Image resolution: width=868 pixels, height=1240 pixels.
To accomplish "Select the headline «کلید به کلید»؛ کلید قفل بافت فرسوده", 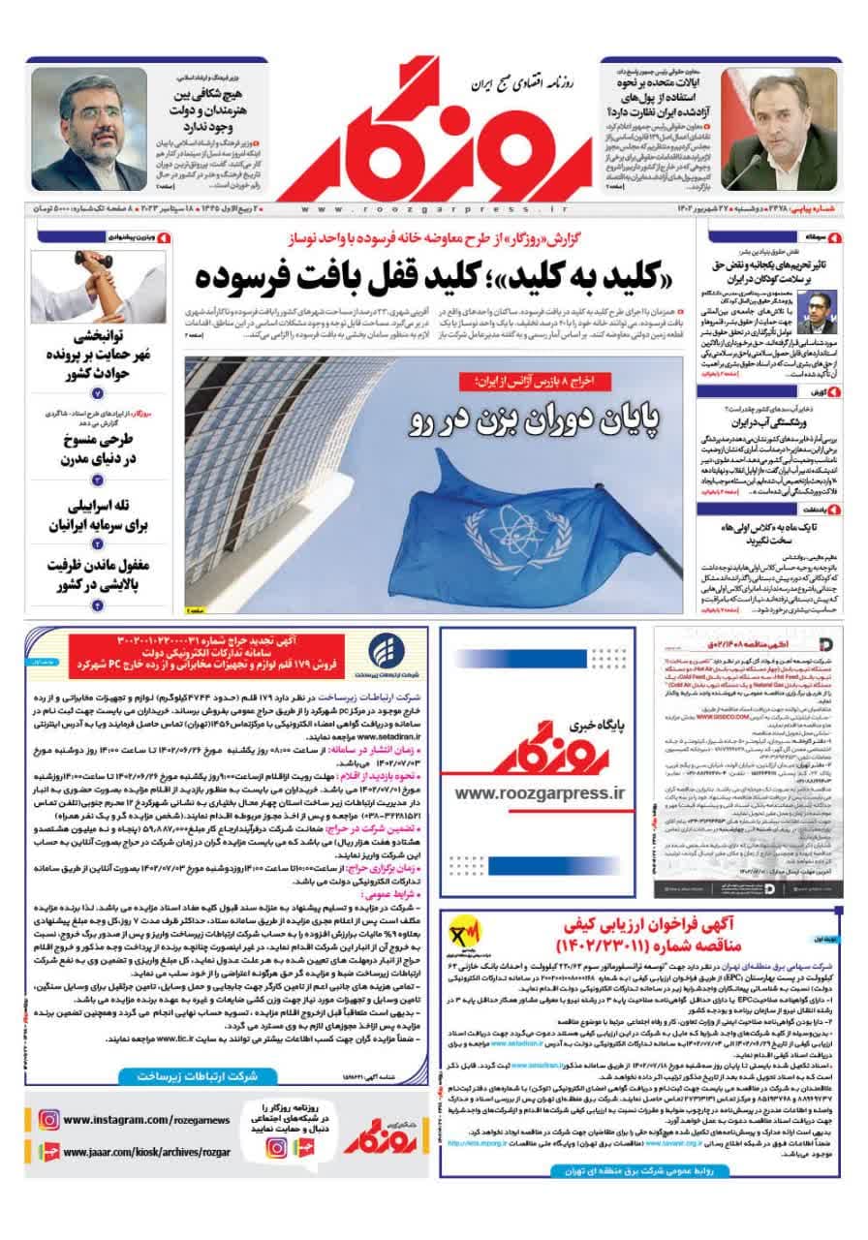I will coord(427,276).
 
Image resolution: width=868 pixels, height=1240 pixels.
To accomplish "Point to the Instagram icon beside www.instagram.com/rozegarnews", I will coord(49,1120).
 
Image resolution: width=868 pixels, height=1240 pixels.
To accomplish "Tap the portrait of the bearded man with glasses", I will coord(88,131).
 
